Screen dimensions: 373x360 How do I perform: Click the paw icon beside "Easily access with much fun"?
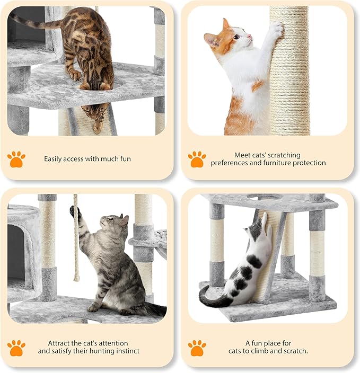[16, 158]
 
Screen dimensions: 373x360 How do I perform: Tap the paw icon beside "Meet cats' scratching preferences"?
[197, 158]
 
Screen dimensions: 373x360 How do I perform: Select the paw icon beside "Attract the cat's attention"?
[16, 347]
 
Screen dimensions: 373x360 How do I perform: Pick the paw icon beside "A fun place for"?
[197, 347]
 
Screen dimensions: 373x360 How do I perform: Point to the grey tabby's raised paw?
[75, 211]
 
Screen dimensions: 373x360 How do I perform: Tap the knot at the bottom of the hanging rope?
[77, 277]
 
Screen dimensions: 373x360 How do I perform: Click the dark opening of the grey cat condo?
[16, 249]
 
